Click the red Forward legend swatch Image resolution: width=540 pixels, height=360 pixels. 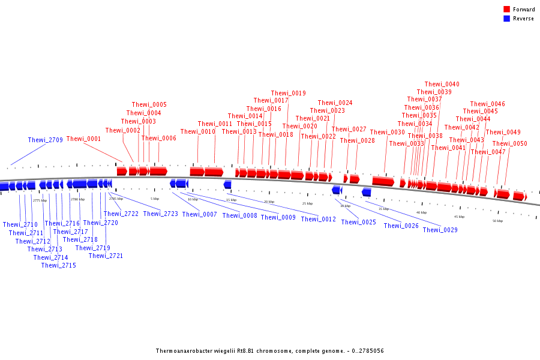click(x=506, y=10)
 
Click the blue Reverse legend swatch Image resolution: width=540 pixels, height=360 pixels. click(x=506, y=19)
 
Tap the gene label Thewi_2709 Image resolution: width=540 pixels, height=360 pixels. click(x=45, y=140)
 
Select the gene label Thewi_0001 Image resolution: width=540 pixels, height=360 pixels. click(x=83, y=139)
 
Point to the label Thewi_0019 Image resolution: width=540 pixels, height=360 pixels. click(x=288, y=93)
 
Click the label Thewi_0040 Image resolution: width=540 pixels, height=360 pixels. click(x=442, y=84)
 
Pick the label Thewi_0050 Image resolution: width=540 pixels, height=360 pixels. click(x=509, y=143)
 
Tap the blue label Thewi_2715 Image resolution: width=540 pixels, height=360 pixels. click(x=58, y=265)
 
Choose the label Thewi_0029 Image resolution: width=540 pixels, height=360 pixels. click(x=440, y=230)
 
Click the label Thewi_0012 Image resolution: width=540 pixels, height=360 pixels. click(x=318, y=219)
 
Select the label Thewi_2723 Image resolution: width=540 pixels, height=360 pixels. click(x=160, y=214)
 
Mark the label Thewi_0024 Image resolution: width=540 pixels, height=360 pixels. click(x=335, y=103)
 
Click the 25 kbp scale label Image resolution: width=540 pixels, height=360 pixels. click(x=307, y=203)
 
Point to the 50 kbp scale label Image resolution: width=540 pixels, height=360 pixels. click(x=497, y=221)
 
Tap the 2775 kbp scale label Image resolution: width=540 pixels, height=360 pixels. click(x=40, y=200)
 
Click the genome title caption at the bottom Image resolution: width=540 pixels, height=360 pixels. click(x=269, y=351)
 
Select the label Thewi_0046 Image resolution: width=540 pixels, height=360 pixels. click(x=487, y=104)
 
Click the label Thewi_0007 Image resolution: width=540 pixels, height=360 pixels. click(x=199, y=214)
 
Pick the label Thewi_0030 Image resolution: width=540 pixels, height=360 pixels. click(x=387, y=132)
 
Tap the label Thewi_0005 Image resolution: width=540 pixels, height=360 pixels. click(x=149, y=104)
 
